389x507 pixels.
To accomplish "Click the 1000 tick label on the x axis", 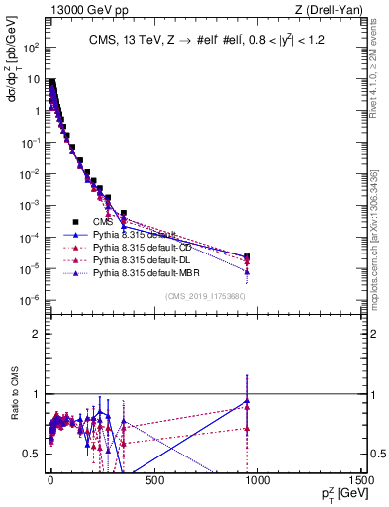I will tap(257, 481).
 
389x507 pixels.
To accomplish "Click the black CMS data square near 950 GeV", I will tap(247, 257).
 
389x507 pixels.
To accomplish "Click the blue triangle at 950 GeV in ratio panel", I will tap(247, 400).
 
